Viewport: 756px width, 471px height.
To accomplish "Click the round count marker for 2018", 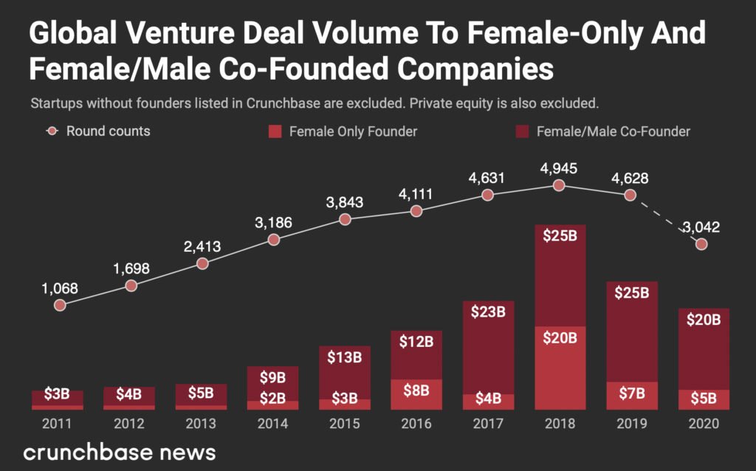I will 560,185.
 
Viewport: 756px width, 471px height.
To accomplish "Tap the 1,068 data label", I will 60,288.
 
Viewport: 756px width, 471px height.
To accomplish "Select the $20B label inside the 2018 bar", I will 560,338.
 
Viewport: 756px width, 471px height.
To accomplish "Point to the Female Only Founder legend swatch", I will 274,132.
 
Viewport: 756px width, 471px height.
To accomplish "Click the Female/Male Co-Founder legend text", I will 613,132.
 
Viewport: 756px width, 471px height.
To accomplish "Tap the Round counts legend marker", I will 52,132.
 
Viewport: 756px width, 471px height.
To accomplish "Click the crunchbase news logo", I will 120,452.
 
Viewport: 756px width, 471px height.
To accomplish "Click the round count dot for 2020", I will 702,244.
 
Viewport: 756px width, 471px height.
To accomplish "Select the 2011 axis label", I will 57,424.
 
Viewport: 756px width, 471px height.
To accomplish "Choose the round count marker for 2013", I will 202,263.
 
